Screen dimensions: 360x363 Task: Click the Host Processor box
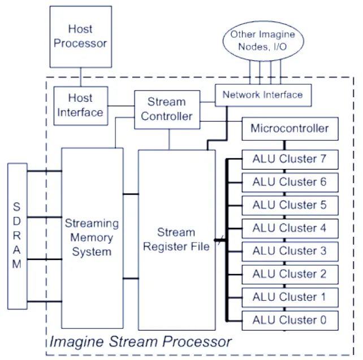tap(80, 36)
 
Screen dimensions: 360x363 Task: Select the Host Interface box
tap(80, 105)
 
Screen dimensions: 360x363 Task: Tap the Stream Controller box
tap(167, 109)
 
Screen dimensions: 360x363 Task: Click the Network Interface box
tap(262, 94)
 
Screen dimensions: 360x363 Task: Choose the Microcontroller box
tap(289, 129)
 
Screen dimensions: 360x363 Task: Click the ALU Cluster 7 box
tap(289, 159)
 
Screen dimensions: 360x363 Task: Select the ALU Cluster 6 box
tap(289, 182)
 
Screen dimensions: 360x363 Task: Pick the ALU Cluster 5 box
tap(289, 205)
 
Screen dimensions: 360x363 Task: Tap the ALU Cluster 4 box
tap(289, 228)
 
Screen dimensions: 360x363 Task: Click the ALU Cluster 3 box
tap(289, 251)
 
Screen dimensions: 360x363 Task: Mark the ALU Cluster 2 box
tap(289, 274)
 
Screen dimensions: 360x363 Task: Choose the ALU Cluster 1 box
tap(289, 297)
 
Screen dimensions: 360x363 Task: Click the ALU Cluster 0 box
tap(289, 320)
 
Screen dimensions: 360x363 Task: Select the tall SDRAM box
tap(18, 236)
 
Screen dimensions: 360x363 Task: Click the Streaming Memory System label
tap(92, 237)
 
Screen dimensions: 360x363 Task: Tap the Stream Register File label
tap(176, 239)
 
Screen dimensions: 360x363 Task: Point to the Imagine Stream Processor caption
tap(140, 342)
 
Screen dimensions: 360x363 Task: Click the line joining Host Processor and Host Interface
tap(80, 77)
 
